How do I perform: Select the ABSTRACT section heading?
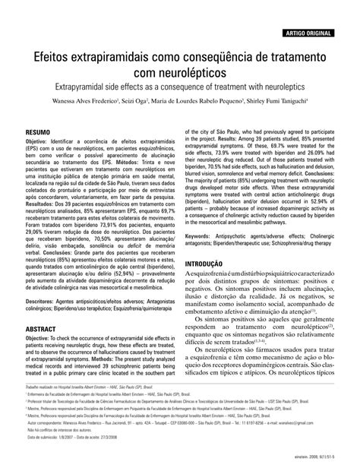pyautogui.click(x=43, y=308)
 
